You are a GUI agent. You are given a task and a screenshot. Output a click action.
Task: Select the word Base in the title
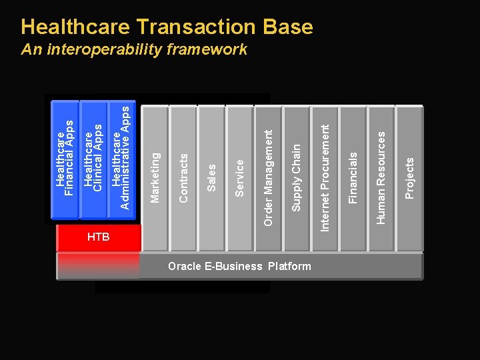pos(288,27)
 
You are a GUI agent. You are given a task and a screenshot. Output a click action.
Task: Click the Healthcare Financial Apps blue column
pos(65,160)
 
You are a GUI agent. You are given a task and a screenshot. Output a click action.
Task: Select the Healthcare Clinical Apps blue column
pos(93,160)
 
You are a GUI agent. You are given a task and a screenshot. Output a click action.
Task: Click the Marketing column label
pos(155,177)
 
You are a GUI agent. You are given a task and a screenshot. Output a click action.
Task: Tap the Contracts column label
pos(184,177)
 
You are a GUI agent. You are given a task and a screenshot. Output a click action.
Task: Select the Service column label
pos(241,177)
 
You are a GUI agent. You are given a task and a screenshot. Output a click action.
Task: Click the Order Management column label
pos(268,177)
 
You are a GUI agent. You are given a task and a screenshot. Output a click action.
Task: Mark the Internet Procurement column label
pos(325,177)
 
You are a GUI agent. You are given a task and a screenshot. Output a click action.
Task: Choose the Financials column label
pos(353,177)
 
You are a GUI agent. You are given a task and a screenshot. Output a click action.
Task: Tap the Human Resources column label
pos(381,177)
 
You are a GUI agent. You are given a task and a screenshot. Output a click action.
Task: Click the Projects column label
pos(410,177)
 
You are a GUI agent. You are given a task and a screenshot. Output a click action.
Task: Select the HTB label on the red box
pos(98,238)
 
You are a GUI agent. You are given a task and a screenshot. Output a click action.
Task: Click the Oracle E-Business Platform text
pos(239,267)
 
